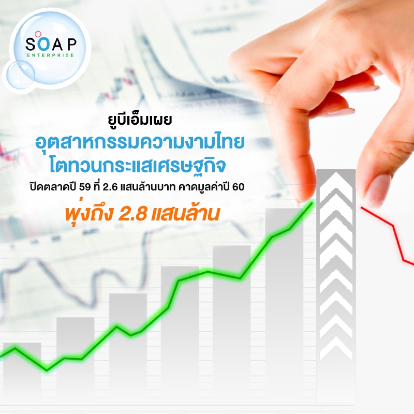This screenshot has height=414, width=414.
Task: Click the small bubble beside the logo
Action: (21, 74)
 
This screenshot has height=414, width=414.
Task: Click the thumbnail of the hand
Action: (378, 189)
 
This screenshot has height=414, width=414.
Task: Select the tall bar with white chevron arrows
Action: (336, 285)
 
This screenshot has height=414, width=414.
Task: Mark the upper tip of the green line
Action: (313, 202)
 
